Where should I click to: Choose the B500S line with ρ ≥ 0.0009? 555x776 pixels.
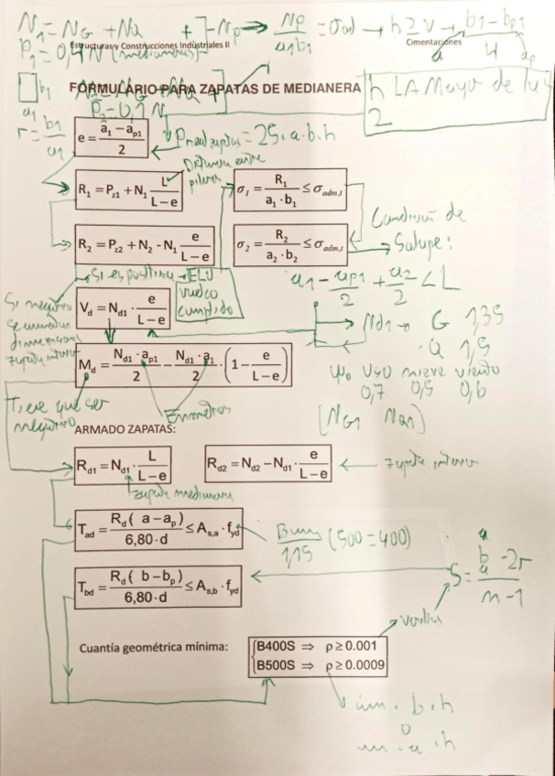coord(325,663)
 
